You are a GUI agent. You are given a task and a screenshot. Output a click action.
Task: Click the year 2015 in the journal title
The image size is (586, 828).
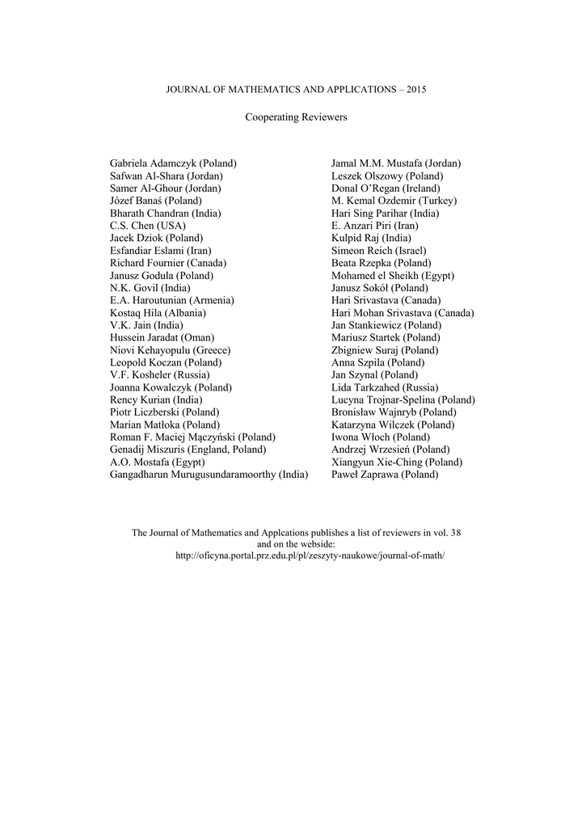pyautogui.click(x=415, y=88)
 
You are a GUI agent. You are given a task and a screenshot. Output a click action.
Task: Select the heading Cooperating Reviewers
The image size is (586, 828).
pyautogui.click(x=295, y=117)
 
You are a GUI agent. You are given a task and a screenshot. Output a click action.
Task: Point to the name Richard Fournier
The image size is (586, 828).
pyautogui.click(x=168, y=264)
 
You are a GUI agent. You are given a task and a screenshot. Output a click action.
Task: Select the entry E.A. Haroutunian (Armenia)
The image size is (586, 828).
pyautogui.click(x=172, y=300)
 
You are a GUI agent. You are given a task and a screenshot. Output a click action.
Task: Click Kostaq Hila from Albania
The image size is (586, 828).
pyautogui.click(x=158, y=313)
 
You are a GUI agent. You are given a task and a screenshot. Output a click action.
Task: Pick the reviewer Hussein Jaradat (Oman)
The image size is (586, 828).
pyautogui.click(x=162, y=337)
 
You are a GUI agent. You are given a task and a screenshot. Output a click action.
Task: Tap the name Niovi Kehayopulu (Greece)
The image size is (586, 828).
pyautogui.click(x=171, y=350)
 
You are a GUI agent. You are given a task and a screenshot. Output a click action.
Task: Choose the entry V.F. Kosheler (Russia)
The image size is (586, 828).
pyautogui.click(x=160, y=375)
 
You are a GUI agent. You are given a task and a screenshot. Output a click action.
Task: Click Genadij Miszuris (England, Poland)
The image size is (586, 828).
pyautogui.click(x=188, y=450)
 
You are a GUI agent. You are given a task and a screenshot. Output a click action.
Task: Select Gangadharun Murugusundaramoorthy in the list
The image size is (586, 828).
pyautogui.click(x=209, y=475)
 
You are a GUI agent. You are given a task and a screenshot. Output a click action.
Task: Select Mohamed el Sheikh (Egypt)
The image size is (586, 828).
pyautogui.click(x=393, y=276)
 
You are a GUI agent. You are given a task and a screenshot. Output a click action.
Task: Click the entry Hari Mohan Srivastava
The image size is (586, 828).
pyautogui.click(x=403, y=313)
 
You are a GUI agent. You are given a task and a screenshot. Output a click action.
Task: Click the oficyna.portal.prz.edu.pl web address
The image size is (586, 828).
pyautogui.click(x=310, y=557)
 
